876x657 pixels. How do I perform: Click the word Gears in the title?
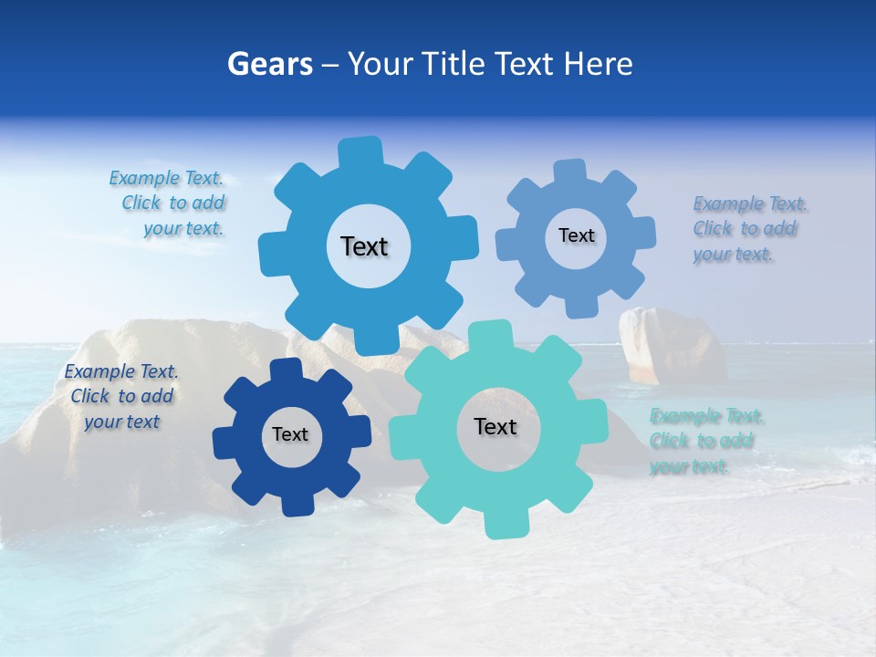point(269,64)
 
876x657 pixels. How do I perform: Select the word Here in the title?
point(599,64)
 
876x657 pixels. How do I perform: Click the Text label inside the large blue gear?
point(364,246)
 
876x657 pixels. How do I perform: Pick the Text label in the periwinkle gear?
point(576,235)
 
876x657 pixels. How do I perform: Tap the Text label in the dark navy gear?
point(290,435)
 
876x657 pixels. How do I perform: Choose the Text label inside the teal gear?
point(495,427)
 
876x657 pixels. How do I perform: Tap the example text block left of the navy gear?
point(121,397)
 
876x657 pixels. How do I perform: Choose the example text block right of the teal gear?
point(704,442)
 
